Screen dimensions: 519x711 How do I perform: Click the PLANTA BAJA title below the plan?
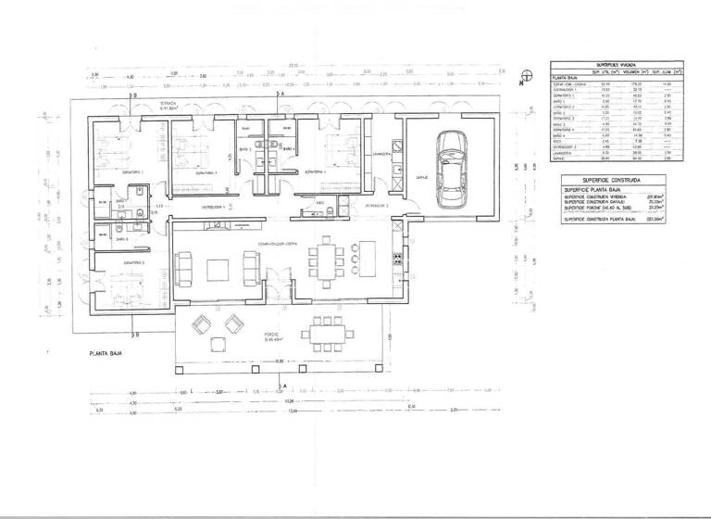[107, 353]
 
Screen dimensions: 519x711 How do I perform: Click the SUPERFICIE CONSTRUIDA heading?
[605, 176]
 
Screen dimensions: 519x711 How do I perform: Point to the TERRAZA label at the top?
[168, 104]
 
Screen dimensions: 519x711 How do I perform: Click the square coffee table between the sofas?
[219, 269]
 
